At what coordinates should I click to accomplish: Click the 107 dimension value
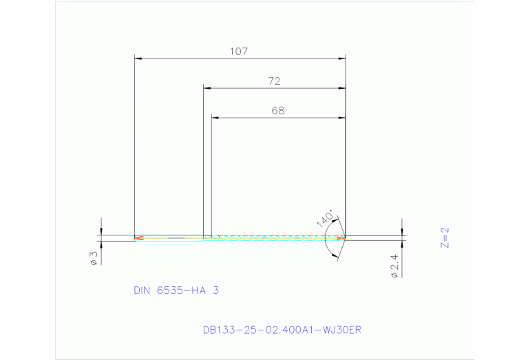coord(239,51)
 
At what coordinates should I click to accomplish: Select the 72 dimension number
coord(274,81)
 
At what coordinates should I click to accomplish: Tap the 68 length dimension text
coord(277,110)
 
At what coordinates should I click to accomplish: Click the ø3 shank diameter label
coord(92,258)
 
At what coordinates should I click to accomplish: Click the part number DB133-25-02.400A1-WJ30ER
coord(282,330)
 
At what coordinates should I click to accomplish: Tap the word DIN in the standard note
coord(142,290)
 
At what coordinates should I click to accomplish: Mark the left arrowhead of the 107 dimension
coord(138,59)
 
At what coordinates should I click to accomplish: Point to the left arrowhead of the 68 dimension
coord(214,118)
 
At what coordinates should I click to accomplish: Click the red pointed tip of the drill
coord(342,237)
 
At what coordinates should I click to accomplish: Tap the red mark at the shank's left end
coord(139,238)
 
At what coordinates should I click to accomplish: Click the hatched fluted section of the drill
coord(275,237)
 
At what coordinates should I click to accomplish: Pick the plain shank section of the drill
coord(172,238)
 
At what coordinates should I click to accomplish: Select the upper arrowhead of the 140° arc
coord(337,220)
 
